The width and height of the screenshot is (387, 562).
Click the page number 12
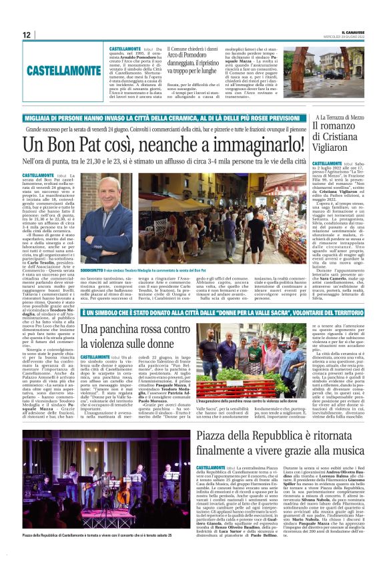tap(26, 35)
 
